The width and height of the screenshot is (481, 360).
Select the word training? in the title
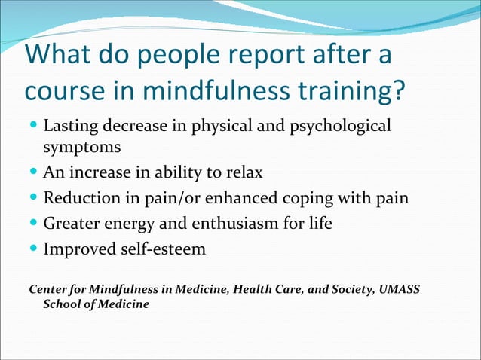coord(351,93)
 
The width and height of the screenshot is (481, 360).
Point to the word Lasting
coord(69,125)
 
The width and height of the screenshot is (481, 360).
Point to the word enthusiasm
coord(244,224)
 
